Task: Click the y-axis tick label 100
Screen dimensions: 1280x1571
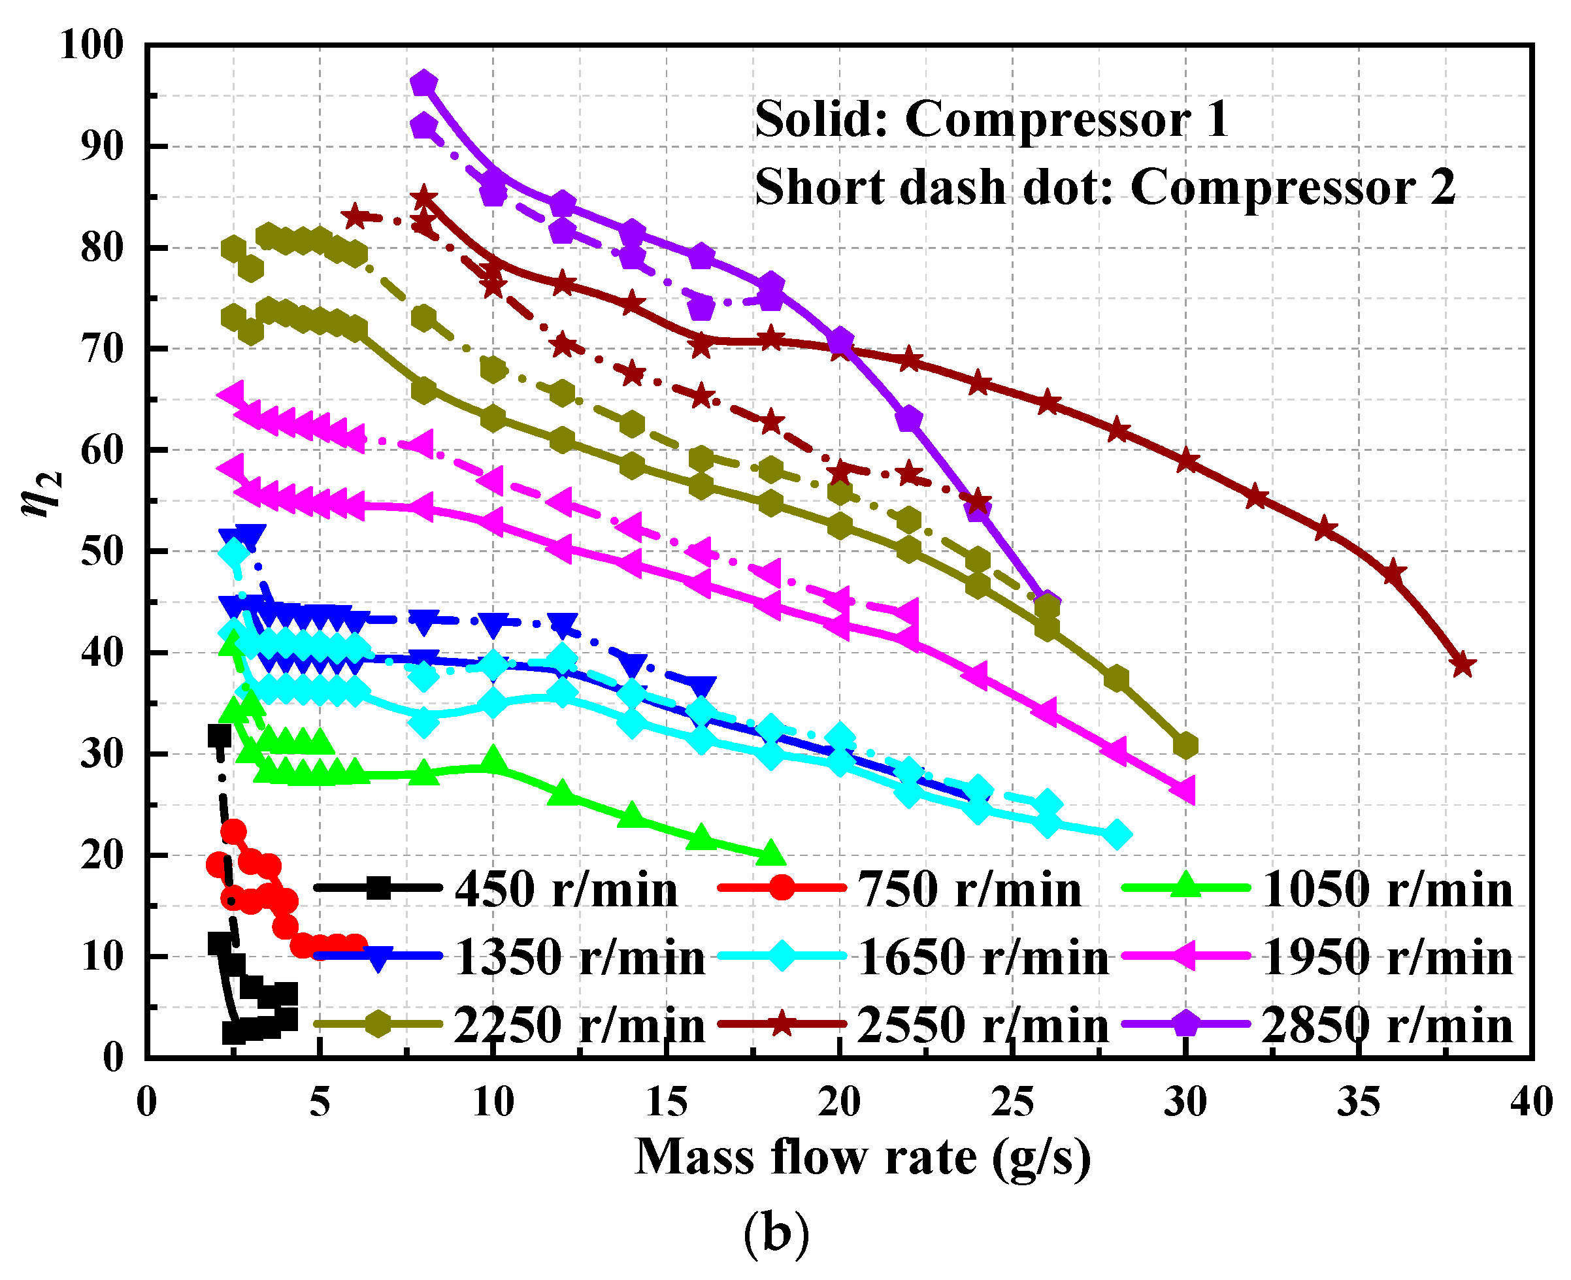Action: tap(91, 45)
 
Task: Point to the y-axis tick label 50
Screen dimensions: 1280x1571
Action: tap(102, 551)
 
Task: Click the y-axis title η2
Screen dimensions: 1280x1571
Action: tap(42, 494)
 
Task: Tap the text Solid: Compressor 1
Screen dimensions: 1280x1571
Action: tap(991, 120)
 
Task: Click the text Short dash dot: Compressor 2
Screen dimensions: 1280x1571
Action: tap(1104, 186)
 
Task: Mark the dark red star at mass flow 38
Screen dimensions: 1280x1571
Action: tap(1463, 665)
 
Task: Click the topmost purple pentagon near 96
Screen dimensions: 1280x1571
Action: tap(423, 84)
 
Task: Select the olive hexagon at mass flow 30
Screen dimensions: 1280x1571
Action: tap(1185, 746)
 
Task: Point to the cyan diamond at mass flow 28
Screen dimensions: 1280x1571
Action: tap(1117, 834)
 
